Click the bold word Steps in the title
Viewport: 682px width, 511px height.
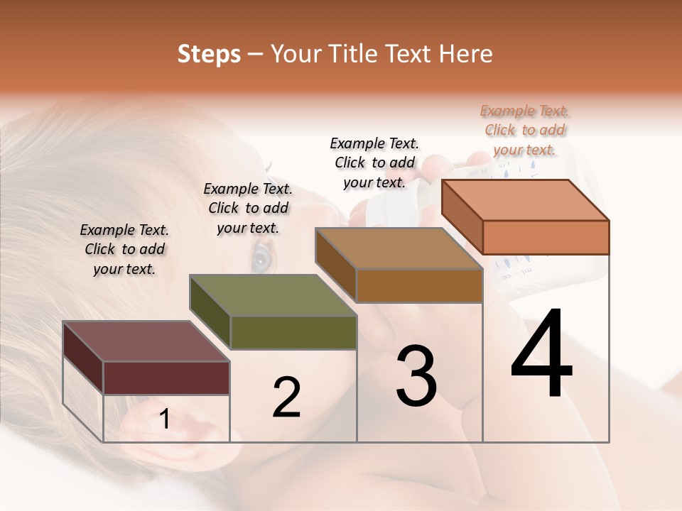pos(209,54)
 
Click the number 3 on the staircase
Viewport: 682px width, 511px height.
pos(416,375)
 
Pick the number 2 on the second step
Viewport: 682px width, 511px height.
pos(286,397)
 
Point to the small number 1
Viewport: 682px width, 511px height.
pos(164,419)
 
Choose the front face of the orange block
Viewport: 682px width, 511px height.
pos(546,237)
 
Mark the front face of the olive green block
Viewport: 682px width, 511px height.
pos(293,332)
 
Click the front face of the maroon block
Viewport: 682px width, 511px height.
pos(166,378)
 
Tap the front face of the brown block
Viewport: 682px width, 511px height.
pos(419,285)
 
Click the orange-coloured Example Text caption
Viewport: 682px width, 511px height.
pos(524,130)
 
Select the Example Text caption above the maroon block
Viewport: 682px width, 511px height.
pos(124,249)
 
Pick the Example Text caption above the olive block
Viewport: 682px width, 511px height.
pos(248,208)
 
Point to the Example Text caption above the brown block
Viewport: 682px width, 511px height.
pos(374,163)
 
